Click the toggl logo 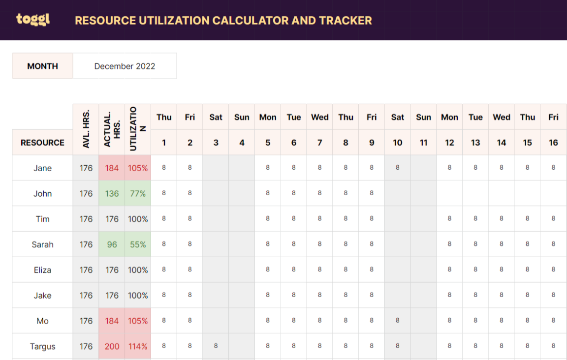tap(32, 19)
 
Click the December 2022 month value tap(125, 66)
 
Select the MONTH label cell tap(43, 66)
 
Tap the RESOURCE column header tap(42, 143)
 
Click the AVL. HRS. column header tap(86, 129)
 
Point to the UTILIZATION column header tap(138, 129)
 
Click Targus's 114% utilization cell tap(138, 346)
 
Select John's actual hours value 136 tap(112, 193)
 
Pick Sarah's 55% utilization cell tap(138, 244)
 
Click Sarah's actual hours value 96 tap(112, 244)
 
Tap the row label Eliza tap(42, 270)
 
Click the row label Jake tap(42, 296)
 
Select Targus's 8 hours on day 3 tap(216, 346)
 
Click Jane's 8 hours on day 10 tap(397, 168)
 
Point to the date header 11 tap(423, 143)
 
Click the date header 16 tap(553, 143)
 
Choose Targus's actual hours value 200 tap(112, 346)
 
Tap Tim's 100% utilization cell tap(138, 219)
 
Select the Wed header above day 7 tap(319, 117)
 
